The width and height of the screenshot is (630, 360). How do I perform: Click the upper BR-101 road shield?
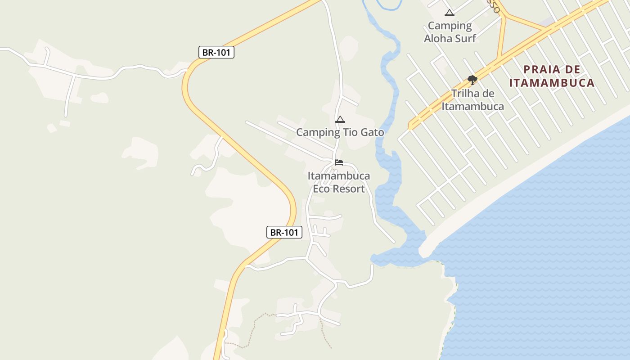coord(216,52)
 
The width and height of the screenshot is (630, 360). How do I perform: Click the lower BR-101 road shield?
coord(284,232)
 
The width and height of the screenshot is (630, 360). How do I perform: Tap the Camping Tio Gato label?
coord(340,132)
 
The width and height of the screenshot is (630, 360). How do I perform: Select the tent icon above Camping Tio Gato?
coord(340,119)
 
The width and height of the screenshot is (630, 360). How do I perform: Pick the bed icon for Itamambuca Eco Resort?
coord(339,162)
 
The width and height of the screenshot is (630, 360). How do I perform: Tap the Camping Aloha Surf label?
coord(450,32)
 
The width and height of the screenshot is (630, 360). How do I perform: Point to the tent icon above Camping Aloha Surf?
coord(449,13)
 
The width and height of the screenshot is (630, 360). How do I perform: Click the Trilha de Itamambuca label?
coord(472,100)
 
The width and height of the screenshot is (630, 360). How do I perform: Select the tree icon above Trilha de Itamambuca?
coord(472,80)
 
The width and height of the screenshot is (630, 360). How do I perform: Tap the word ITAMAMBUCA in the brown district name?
coord(552,83)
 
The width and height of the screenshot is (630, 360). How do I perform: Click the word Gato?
coord(373,132)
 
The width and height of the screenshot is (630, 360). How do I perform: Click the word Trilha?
coord(467,94)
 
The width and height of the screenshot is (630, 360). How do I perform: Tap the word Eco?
coord(322,189)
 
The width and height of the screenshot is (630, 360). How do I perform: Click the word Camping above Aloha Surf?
coord(450,26)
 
